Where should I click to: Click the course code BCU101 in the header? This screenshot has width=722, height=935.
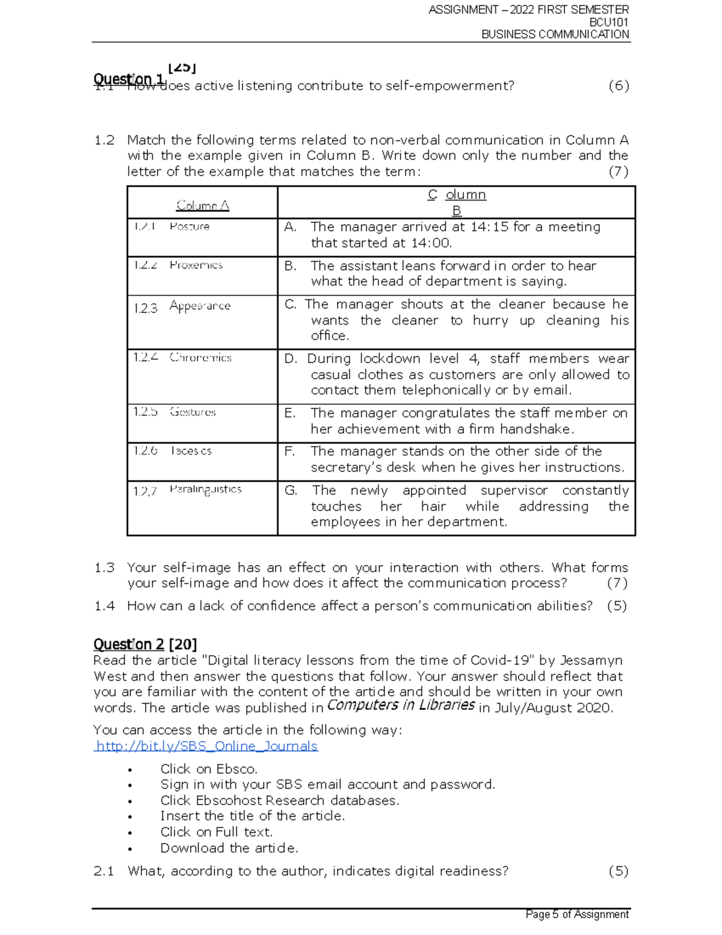pos(609,22)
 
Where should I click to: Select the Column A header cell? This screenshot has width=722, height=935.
pos(202,205)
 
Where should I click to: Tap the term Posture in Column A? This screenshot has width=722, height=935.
pos(189,226)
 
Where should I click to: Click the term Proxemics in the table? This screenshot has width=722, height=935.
pos(196,265)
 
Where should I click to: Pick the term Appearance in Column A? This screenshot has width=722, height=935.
pos(200,306)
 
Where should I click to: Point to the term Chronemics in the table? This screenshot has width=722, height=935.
pos(200,358)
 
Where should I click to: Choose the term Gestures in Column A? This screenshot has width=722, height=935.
pos(193,412)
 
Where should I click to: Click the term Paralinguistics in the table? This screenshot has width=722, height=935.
pos(205,489)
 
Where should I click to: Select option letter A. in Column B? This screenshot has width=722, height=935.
pos(291,227)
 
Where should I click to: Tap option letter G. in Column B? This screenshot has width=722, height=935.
pos(291,491)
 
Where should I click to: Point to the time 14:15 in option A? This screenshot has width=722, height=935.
pos(489,227)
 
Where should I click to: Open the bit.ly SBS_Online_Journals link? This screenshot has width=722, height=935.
pos(206,746)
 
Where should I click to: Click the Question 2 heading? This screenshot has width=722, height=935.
pos(129,644)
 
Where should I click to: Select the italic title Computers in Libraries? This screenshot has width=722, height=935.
pos(401,705)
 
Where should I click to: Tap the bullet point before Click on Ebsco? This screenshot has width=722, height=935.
pos(129,770)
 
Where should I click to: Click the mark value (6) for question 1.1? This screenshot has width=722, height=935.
pos(619,85)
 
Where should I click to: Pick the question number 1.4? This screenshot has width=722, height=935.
pos(104,606)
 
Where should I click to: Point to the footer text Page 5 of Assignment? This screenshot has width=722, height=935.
pos(576,915)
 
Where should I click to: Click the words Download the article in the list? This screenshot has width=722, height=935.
pos(229,848)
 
